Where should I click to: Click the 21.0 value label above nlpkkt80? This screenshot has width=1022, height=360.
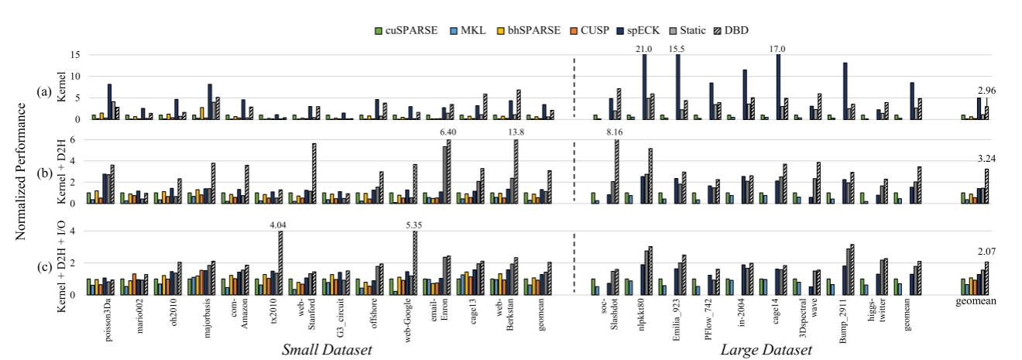tap(643, 49)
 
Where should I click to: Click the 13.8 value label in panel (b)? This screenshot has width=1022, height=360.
tap(515, 134)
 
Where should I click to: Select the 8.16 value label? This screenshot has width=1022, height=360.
tap(616, 134)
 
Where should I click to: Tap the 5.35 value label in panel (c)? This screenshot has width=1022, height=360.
tap(415, 226)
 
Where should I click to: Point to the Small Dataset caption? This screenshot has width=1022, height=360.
tap(328, 351)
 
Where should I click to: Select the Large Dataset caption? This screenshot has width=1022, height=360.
tap(766, 351)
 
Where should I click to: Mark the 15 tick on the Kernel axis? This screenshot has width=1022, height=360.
tap(75, 55)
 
